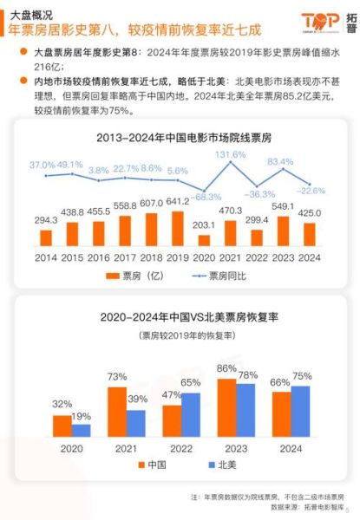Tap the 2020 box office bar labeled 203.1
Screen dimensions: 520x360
pos(203,239)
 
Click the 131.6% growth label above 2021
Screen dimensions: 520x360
pos(231,155)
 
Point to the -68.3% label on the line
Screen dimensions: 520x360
pos(205,197)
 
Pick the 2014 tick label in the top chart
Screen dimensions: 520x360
pos(45,257)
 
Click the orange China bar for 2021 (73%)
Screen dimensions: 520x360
pos(116,411)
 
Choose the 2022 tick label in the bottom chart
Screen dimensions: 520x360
pos(180,449)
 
